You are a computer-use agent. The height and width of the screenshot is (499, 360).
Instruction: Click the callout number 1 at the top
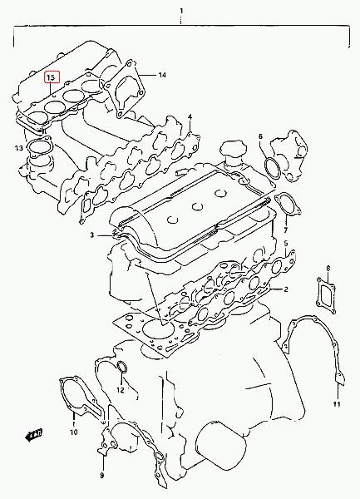coord(181,11)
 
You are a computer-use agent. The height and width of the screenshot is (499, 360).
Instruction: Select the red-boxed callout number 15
coord(52,77)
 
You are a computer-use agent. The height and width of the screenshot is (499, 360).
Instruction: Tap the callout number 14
coord(162,75)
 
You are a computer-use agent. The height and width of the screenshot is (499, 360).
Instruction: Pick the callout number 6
coord(261,136)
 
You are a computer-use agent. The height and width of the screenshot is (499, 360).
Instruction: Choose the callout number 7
coord(285,230)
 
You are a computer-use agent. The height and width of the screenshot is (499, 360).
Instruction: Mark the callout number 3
coord(92,235)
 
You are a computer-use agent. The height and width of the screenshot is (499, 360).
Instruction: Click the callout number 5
coord(285,244)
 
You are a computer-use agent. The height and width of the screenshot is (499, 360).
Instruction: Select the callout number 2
coord(286,289)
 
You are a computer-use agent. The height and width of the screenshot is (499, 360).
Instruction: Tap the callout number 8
coord(328,269)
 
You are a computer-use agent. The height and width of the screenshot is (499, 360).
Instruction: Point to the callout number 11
coord(337,404)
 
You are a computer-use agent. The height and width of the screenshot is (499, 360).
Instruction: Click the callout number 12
coord(121,390)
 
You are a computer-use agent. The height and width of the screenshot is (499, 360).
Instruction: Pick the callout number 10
coord(73,432)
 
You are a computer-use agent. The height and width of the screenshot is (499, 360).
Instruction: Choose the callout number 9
coord(101,476)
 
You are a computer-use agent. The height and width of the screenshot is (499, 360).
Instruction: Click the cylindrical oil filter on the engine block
coord(220,445)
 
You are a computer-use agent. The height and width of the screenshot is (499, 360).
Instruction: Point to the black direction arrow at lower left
coord(34,435)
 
